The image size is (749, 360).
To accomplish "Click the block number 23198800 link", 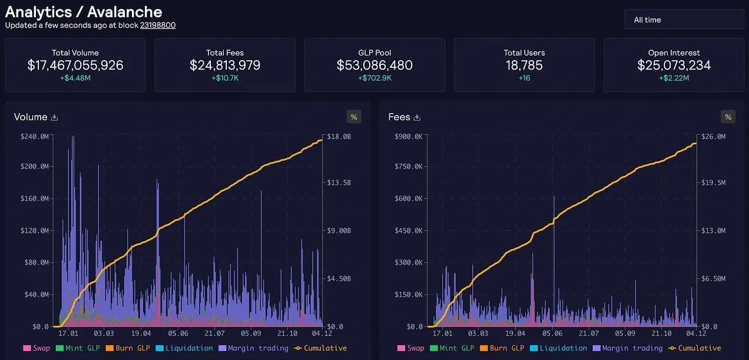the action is point(158,25).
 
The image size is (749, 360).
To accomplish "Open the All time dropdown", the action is point(684,20).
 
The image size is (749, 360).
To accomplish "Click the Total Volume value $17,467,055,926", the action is point(75,65).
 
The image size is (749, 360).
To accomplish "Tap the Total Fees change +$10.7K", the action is point(225,78).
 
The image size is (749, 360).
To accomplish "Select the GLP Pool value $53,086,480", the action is point(374,65).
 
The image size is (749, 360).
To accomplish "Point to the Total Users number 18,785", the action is point(524,65).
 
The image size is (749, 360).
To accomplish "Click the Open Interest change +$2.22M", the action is point(674,78).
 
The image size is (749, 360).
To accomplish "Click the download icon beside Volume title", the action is point(55,117).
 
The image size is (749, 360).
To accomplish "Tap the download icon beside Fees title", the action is point(417,117).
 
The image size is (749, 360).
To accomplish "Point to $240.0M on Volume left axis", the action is point(34,137).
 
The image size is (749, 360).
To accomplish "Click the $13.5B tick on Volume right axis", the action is point(339,183).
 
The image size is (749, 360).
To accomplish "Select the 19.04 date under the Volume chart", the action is point(141,333).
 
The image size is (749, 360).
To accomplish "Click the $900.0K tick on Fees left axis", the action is point(409,137).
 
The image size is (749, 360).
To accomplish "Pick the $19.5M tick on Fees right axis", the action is point(714,183).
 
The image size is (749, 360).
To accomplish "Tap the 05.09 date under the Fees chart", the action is point(625,333).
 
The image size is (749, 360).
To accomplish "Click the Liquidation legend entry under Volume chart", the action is point(184,348).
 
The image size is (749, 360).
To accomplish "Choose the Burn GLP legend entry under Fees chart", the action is point(502,348).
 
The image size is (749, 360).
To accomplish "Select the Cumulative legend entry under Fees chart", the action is point(694,348).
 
